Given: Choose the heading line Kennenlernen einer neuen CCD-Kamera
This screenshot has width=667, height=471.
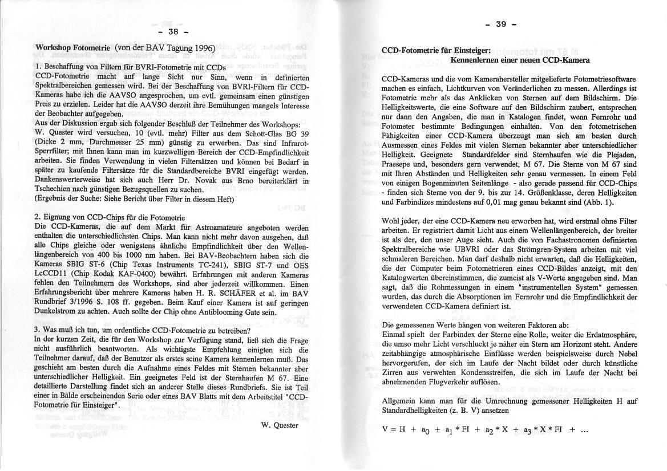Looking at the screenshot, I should coord(520,60).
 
